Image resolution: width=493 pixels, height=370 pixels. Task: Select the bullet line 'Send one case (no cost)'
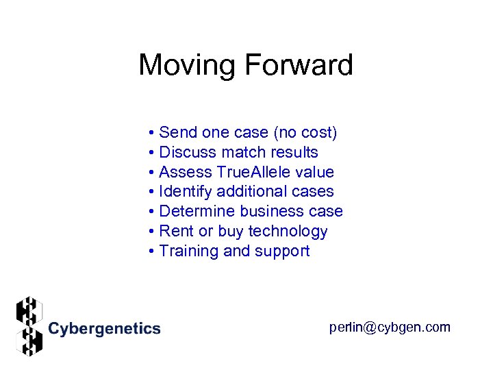tap(242, 132)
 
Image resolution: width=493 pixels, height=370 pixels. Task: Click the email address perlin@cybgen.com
tap(390, 328)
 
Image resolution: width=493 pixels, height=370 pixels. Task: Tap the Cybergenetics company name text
tap(104, 329)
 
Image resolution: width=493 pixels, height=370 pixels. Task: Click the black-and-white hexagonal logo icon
tap(29, 326)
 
